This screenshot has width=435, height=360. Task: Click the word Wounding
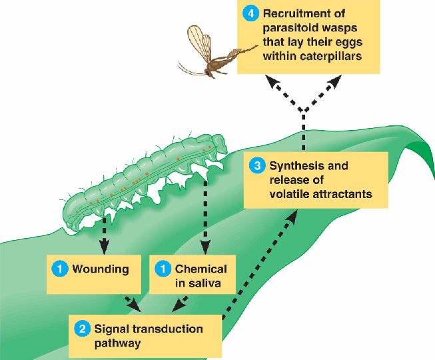coord(101,269)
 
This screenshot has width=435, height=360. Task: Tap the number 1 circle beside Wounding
coord(60,269)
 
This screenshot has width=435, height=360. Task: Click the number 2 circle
coord(83,329)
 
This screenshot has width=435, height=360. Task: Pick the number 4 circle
coord(251,13)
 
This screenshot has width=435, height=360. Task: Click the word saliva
coord(199,284)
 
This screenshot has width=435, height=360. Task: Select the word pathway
coord(117,343)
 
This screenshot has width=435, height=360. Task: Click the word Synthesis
coord(294,165)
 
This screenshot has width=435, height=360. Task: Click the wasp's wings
coord(199,41)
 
